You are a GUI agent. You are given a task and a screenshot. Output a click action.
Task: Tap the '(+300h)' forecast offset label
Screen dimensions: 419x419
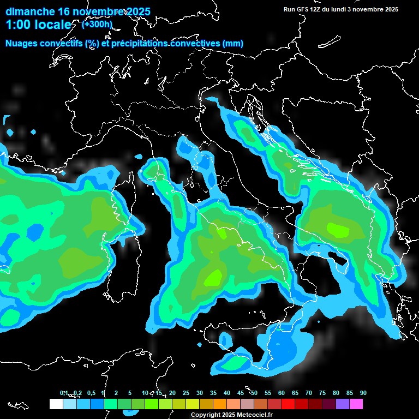tap(97, 24)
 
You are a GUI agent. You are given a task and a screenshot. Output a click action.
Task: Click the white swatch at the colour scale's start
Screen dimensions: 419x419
tap(56, 404)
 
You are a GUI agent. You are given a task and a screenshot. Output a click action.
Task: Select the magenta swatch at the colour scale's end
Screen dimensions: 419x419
tap(356, 404)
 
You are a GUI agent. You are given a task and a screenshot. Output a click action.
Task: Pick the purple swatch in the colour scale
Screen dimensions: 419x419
tap(342, 404)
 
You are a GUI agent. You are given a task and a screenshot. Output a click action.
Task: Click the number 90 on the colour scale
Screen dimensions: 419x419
tap(363, 393)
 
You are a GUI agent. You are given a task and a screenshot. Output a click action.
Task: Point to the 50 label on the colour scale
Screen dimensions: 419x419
tap(254, 393)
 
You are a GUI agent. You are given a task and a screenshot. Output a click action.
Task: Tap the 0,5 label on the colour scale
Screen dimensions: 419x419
tap(91, 393)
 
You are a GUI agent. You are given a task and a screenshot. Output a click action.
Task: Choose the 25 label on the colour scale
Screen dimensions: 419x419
tap(186, 393)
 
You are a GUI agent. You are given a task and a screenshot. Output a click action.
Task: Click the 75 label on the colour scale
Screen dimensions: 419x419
tap(322, 393)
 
